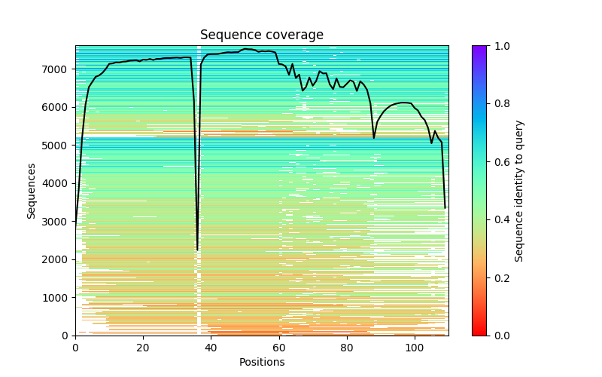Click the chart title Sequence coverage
pyautogui.click(x=261, y=35)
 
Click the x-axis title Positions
pyautogui.click(x=261, y=362)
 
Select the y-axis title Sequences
pyautogui.click(x=32, y=190)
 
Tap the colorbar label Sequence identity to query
pyautogui.click(x=519, y=190)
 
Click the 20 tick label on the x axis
pyautogui.click(x=143, y=348)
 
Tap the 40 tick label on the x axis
pyautogui.click(x=211, y=348)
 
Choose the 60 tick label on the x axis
pyautogui.click(x=278, y=348)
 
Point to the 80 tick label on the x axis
pyautogui.click(x=346, y=348)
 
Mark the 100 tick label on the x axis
pyautogui.click(x=415, y=348)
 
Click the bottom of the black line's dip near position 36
pyautogui.click(x=198, y=250)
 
